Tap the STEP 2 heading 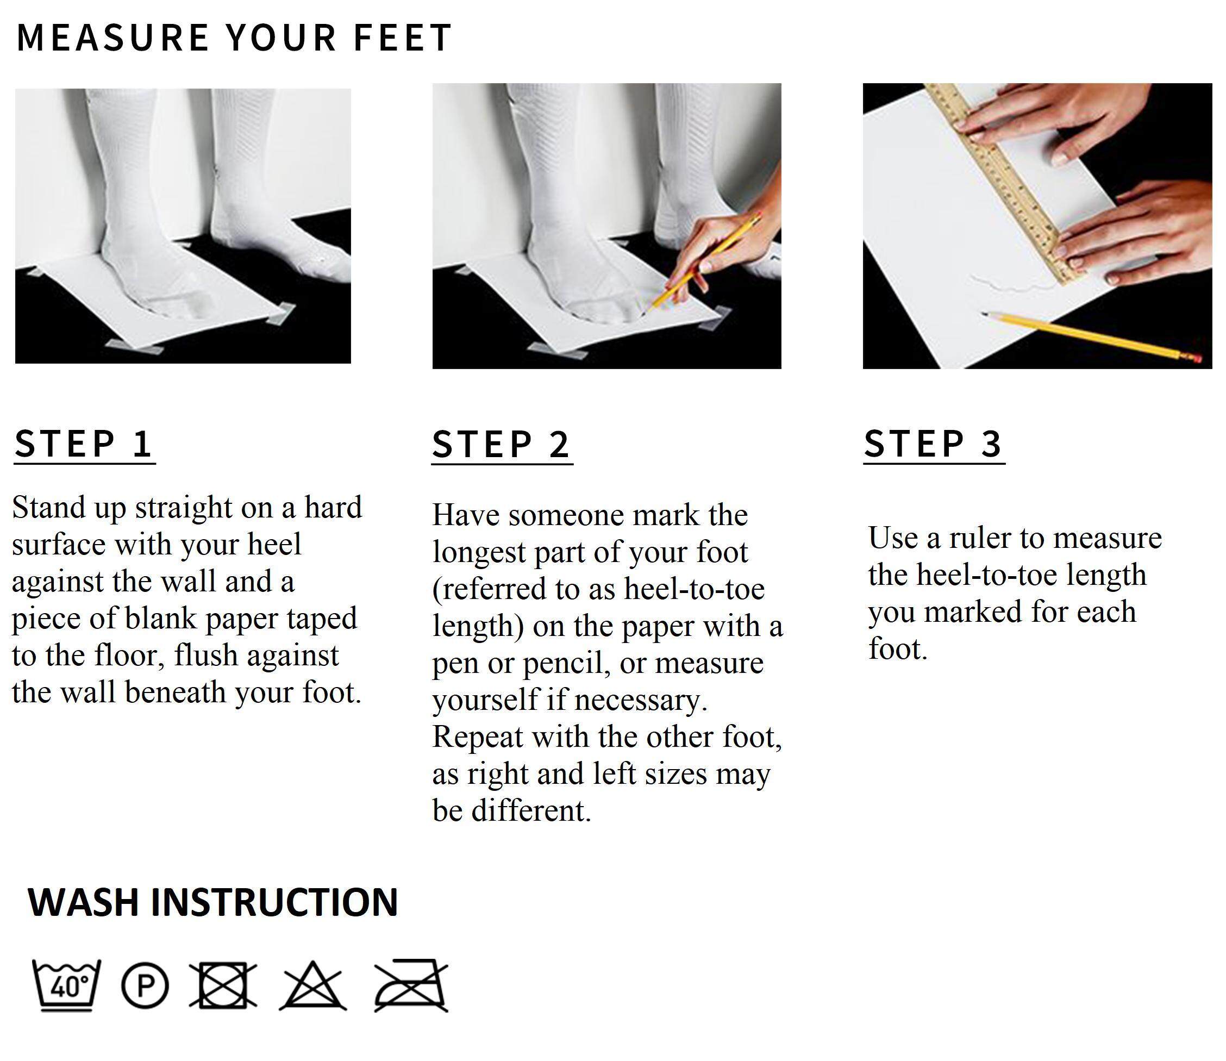click(501, 444)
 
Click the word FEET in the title click(403, 38)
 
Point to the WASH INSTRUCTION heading click(213, 902)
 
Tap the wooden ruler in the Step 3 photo click(1006, 184)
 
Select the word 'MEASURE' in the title click(113, 38)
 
